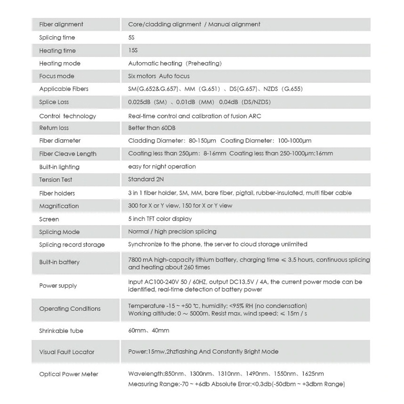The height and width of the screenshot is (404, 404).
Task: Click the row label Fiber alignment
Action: point(61,24)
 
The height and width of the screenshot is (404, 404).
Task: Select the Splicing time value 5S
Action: point(131,38)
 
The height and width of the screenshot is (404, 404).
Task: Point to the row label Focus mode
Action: point(57,76)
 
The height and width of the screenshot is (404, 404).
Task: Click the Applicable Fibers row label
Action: point(63,89)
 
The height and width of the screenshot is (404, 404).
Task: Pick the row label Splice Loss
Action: point(54,102)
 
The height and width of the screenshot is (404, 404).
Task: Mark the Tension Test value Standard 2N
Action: point(145,179)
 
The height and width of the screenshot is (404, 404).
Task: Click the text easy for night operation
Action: point(162,166)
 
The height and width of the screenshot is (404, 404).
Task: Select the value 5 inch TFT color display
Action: point(160,219)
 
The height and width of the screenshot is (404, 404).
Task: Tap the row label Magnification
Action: point(59,206)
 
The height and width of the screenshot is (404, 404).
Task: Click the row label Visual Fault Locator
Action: point(67,352)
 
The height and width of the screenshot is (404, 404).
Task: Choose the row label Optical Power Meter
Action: point(69,374)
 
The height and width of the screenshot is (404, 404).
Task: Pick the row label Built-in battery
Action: point(59,262)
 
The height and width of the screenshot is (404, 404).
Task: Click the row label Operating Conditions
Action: point(70,309)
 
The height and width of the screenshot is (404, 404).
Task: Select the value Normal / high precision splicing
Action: point(172,231)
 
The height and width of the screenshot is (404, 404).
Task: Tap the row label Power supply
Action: point(58,286)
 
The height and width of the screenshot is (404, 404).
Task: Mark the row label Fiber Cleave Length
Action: point(68,154)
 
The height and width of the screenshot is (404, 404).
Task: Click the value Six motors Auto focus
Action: point(159,76)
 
